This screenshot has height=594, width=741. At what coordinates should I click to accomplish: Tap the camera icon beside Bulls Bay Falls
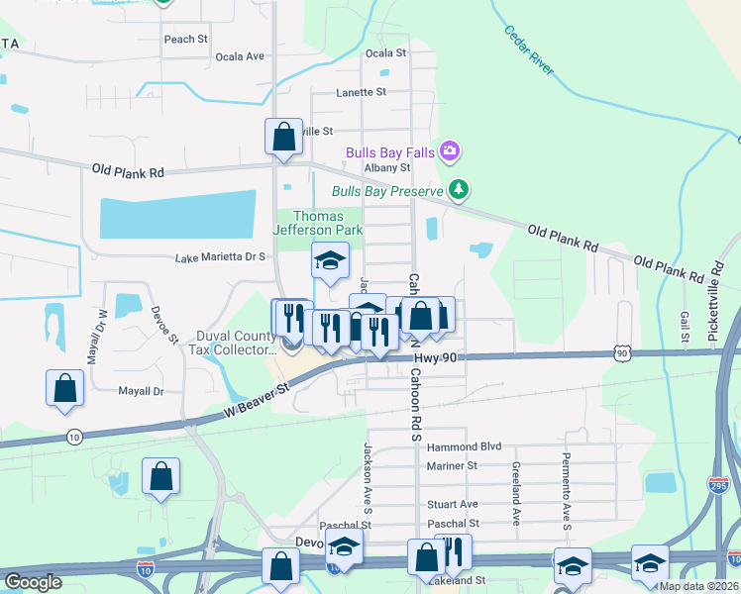(x=451, y=151)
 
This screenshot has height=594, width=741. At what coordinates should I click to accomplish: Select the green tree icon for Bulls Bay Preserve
(x=458, y=190)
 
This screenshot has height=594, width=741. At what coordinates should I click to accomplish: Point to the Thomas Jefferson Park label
(x=318, y=223)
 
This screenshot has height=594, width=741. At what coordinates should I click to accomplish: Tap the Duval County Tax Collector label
(x=236, y=343)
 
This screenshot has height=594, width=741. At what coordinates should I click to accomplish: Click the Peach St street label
(x=186, y=40)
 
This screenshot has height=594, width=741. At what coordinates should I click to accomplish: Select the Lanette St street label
(x=361, y=92)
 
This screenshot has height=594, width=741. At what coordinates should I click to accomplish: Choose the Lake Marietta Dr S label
(x=221, y=257)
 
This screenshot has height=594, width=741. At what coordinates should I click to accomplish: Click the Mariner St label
(x=452, y=465)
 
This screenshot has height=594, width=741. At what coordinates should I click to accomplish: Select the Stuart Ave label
(x=452, y=504)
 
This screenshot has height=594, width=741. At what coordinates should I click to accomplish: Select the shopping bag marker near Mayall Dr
(x=64, y=389)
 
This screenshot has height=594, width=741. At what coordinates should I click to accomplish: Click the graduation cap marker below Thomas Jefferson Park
(x=331, y=261)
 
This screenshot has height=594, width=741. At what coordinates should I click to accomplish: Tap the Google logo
(x=33, y=582)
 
